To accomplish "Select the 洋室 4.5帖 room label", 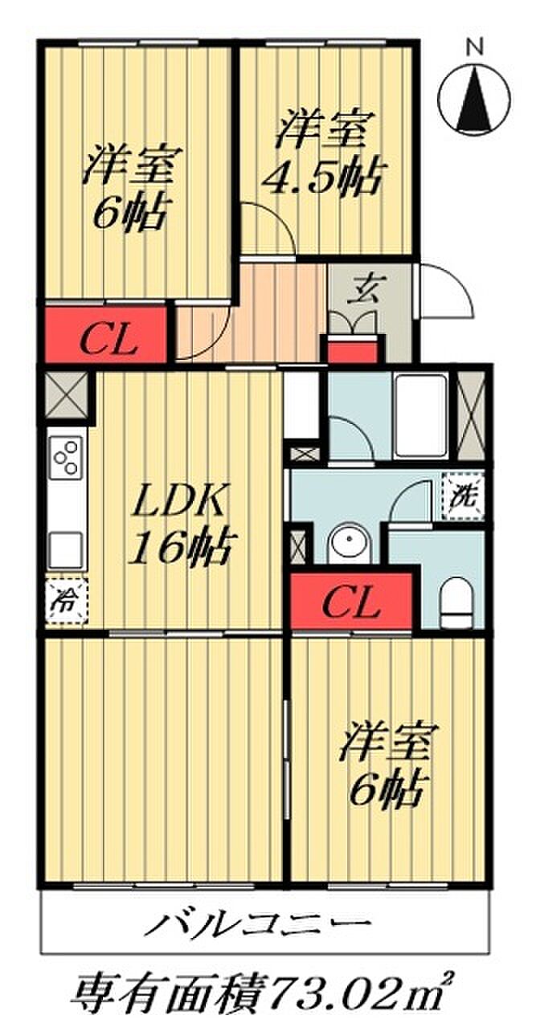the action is click(322, 153).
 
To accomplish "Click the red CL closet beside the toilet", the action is click(352, 602).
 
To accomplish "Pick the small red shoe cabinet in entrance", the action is click(350, 350).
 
